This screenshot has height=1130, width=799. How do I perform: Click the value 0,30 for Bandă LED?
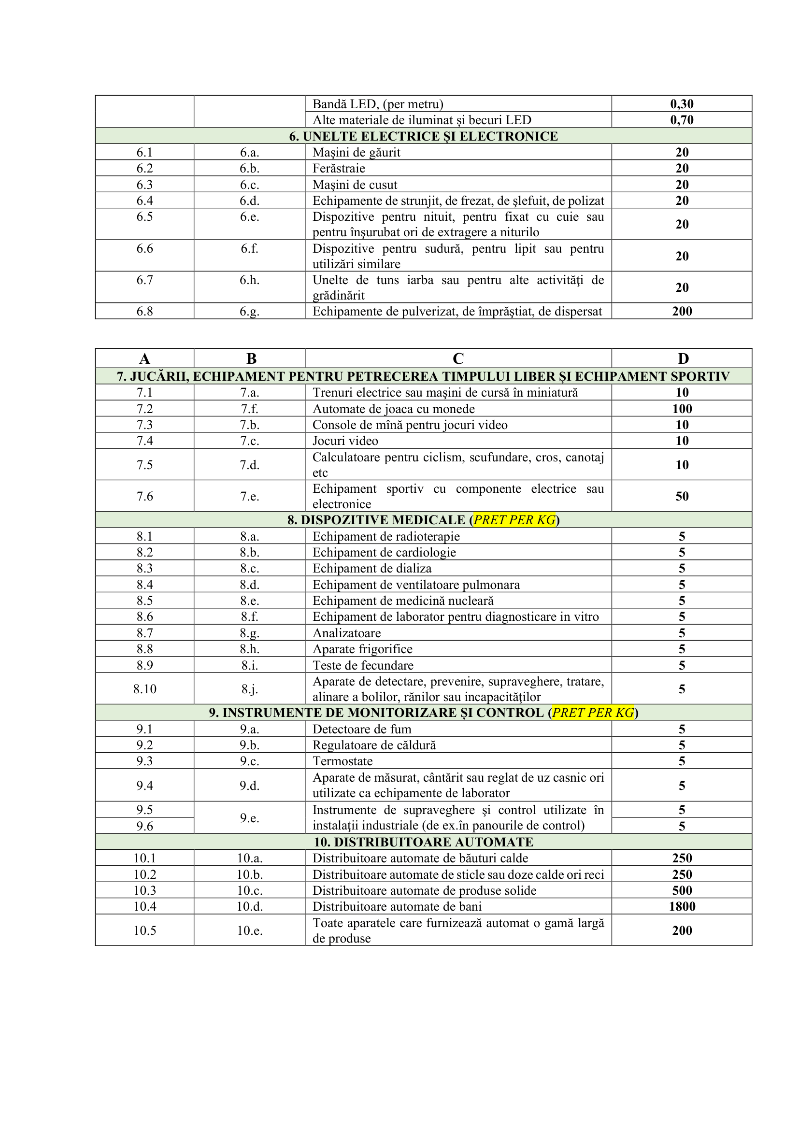(682, 104)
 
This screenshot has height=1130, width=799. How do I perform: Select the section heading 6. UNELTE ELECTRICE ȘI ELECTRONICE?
(423, 136)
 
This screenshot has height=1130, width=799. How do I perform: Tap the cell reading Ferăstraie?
(339, 168)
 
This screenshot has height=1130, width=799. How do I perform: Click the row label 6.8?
(144, 311)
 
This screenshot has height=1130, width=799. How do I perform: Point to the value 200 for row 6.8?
(682, 311)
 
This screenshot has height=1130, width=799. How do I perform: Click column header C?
(457, 358)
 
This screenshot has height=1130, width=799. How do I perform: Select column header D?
(683, 358)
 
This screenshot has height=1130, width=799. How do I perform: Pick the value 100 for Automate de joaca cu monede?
(682, 409)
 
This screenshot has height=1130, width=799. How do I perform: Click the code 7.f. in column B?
(249, 409)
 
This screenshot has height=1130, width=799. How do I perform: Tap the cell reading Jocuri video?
(345, 441)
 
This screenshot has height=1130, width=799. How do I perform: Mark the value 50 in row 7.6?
(682, 496)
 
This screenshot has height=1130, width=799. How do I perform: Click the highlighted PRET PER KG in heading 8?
(514, 520)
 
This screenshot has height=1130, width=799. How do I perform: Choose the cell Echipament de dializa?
(372, 569)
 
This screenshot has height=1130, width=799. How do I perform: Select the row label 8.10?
(144, 688)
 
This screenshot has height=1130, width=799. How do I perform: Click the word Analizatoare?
(346, 633)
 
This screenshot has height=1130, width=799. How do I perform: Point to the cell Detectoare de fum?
(362, 729)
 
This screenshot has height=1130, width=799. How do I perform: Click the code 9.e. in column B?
(249, 817)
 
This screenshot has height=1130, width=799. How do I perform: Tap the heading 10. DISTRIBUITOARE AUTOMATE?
(423, 842)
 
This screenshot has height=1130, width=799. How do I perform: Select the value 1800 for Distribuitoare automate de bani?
(682, 906)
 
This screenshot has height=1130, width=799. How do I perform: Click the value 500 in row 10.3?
(682, 890)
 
